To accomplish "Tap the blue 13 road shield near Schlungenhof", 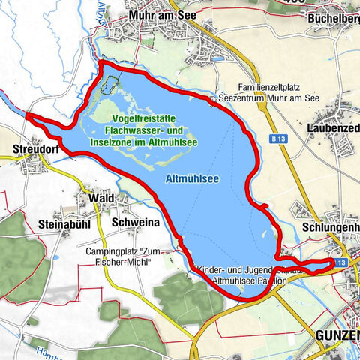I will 340,262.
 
